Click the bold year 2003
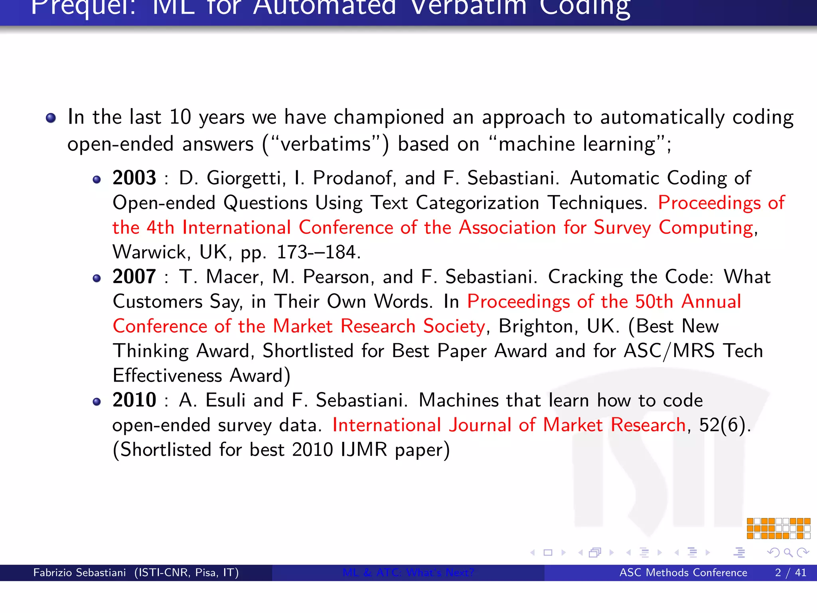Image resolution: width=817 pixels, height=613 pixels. (134, 178)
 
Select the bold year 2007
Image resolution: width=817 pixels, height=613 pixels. (134, 276)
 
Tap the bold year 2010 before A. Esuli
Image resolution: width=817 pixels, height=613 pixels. (134, 400)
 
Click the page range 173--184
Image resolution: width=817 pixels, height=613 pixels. (318, 252)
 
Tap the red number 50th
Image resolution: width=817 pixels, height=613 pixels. (654, 301)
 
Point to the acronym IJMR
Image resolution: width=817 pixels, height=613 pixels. (363, 450)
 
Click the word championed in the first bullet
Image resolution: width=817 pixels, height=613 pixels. (389, 117)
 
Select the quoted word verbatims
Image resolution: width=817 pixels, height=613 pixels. (326, 144)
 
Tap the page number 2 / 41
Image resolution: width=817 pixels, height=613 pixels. (790, 573)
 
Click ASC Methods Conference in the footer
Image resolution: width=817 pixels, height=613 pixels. (683, 573)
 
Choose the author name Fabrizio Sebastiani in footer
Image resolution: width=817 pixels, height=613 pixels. (79, 573)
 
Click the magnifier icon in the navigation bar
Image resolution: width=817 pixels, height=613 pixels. (788, 552)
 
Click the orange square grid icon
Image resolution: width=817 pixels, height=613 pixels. (778, 528)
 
